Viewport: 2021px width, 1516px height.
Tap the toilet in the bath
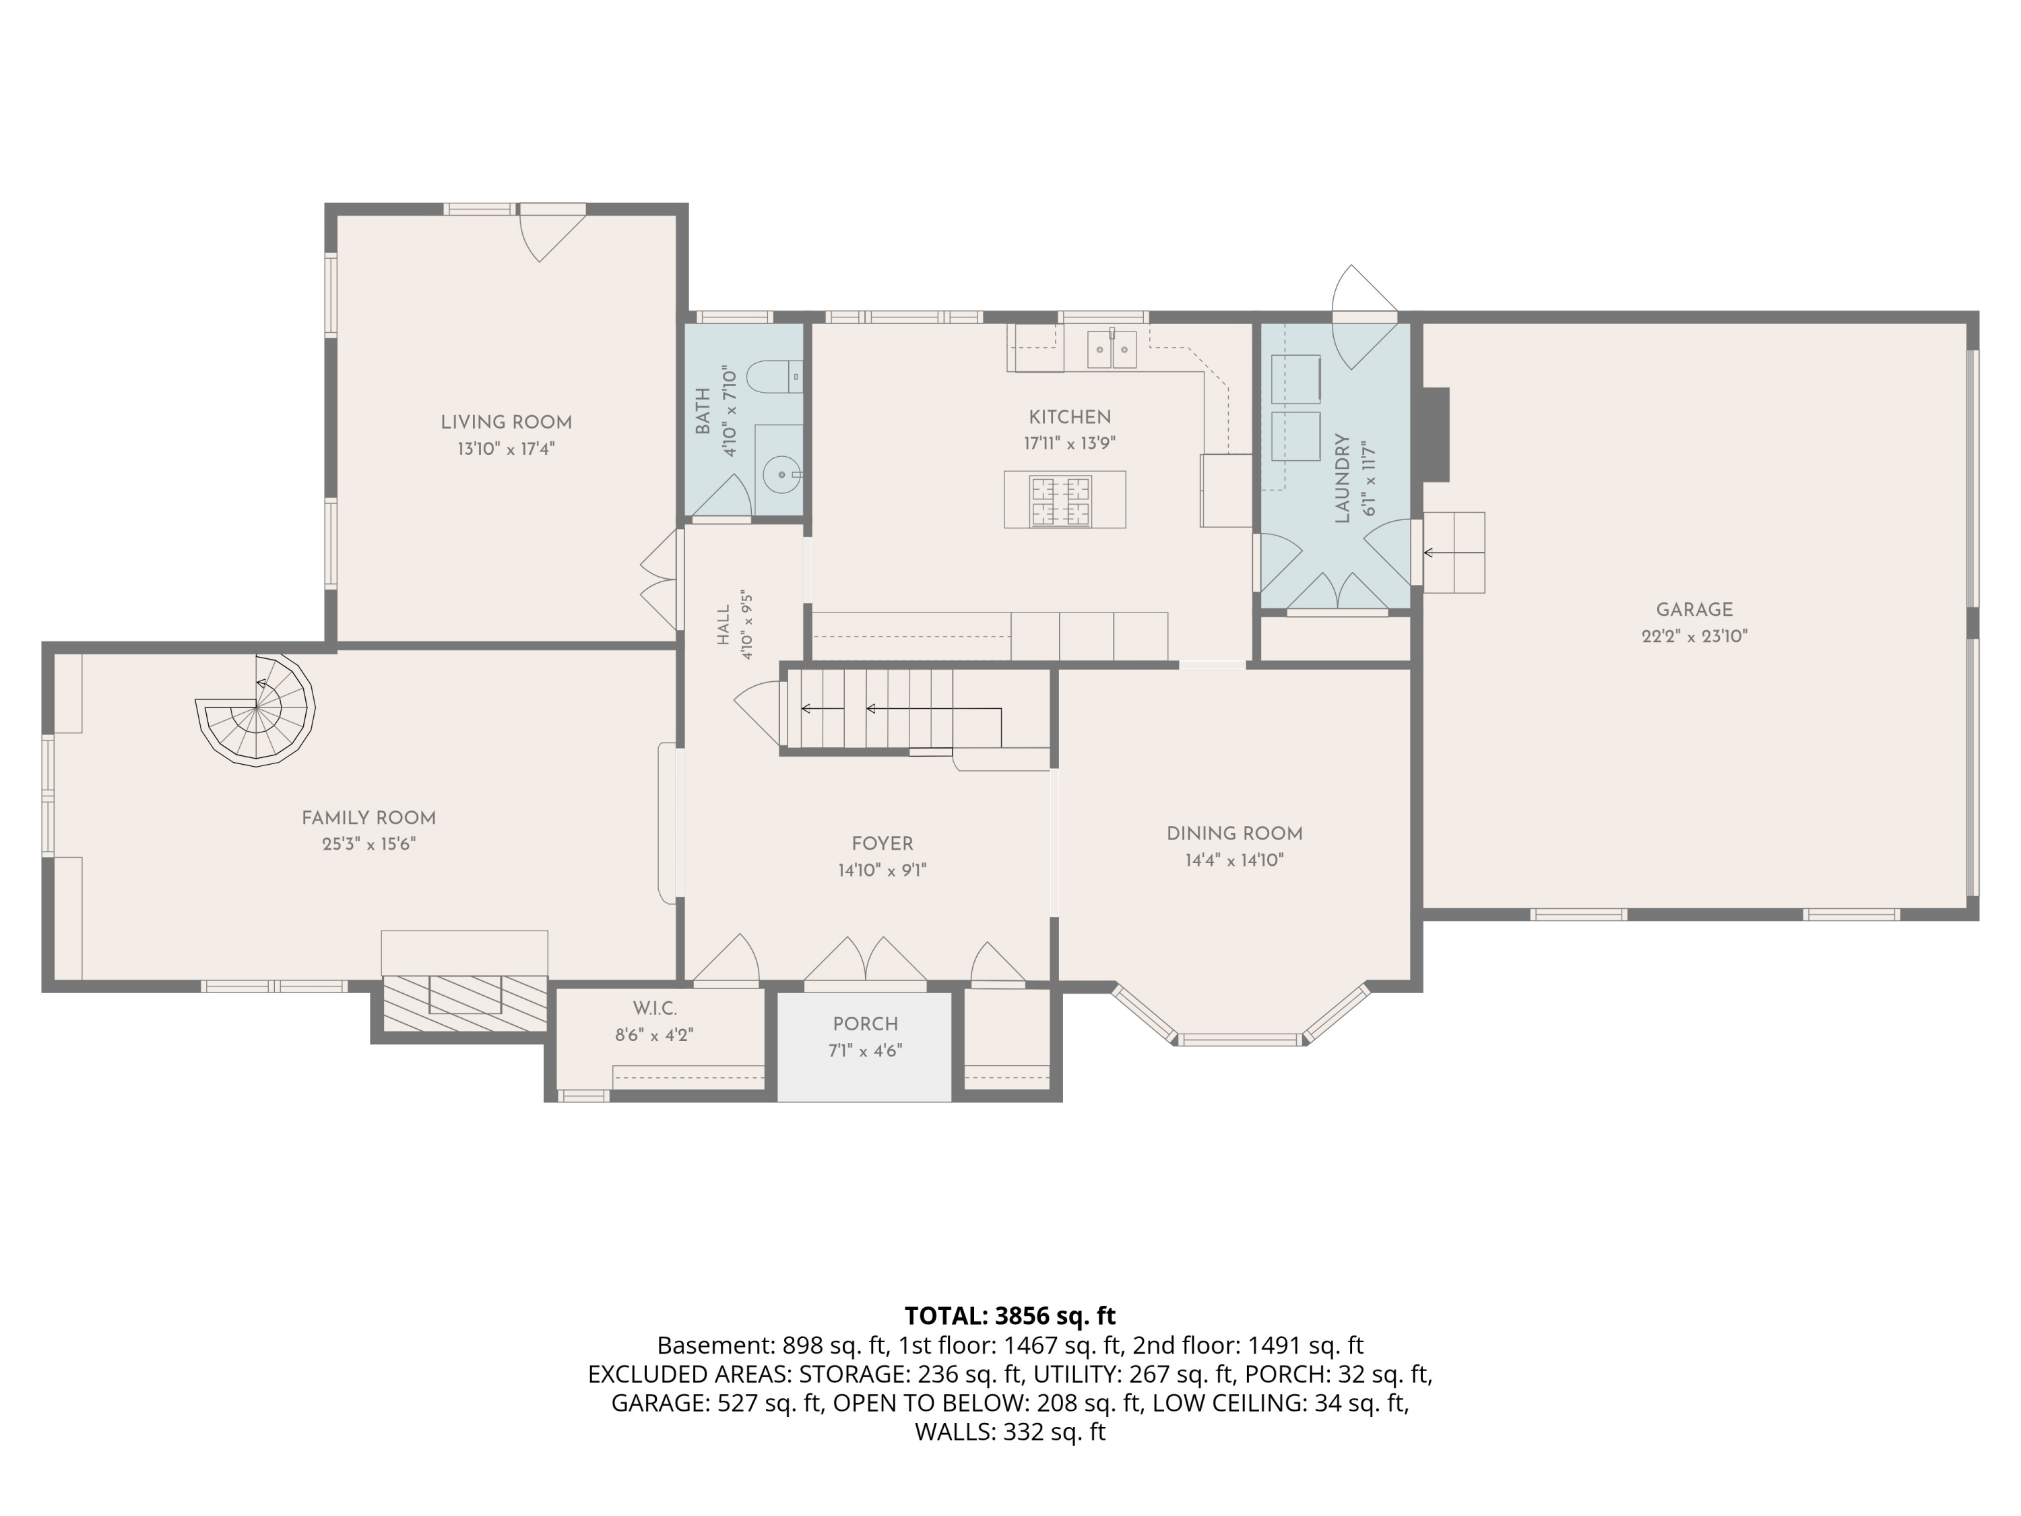pyautogui.click(x=773, y=377)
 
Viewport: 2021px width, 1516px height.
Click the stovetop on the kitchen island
pyautogui.click(x=1061, y=501)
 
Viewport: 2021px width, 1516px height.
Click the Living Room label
pyautogui.click(x=506, y=422)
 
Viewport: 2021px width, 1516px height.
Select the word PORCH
pyautogui.click(x=865, y=1024)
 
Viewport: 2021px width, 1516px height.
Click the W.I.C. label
pyautogui.click(x=654, y=1009)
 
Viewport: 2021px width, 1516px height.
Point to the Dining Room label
pyautogui.click(x=1234, y=833)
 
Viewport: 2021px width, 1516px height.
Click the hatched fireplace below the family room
pyautogui.click(x=464, y=1003)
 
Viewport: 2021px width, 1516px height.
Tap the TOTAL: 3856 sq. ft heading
pyautogui.click(x=1010, y=1316)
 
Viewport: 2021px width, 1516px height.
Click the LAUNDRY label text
pyautogui.click(x=1342, y=479)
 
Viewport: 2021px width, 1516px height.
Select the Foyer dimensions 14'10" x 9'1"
pyautogui.click(x=883, y=871)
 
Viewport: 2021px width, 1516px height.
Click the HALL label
pyautogui.click(x=724, y=625)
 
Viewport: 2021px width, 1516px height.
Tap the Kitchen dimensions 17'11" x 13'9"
pyautogui.click(x=1070, y=444)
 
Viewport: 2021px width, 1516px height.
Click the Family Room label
pyautogui.click(x=369, y=818)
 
